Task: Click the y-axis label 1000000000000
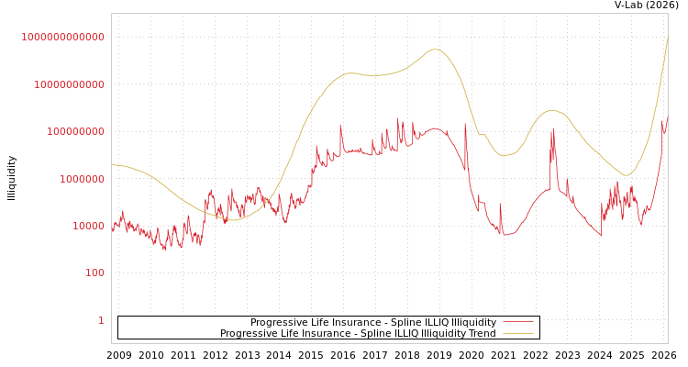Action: coord(62,37)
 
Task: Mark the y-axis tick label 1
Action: coord(101,320)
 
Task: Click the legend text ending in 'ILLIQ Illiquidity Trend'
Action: coord(358,334)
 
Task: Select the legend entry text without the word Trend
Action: coord(373,323)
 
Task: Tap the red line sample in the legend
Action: coord(518,323)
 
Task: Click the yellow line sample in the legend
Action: coord(518,334)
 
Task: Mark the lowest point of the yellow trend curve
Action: coord(232,220)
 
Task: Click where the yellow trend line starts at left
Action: coord(112,165)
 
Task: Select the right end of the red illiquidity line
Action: coord(668,117)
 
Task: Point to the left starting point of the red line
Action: coord(112,229)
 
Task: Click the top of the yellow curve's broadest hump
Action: coord(436,50)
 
